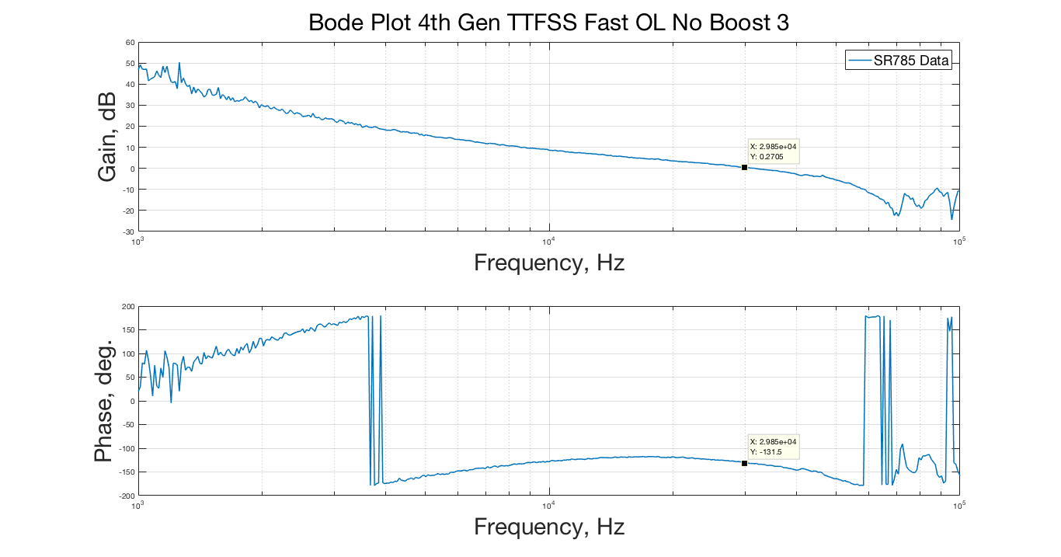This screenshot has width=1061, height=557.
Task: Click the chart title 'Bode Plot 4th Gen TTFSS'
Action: coord(548,23)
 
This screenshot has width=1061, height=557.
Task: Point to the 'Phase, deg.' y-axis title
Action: coord(104,401)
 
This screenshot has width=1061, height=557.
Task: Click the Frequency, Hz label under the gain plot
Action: coord(549,263)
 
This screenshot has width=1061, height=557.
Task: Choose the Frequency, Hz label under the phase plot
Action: coord(549,527)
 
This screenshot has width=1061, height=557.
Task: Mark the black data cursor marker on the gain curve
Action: coord(744,167)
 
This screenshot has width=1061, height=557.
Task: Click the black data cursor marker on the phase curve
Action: coord(744,463)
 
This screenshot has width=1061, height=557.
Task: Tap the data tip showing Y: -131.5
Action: coord(773,447)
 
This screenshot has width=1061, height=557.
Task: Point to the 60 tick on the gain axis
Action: coord(130,42)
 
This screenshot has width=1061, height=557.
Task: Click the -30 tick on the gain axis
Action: coord(128,232)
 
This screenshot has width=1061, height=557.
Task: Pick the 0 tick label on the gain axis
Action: coord(132,169)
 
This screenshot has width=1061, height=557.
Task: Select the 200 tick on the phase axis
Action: coord(127,307)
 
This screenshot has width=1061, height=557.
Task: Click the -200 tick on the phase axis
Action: coord(126,496)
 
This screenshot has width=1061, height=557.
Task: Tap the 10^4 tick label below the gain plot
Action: coord(548,238)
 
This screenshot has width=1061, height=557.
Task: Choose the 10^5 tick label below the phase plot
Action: coord(958,503)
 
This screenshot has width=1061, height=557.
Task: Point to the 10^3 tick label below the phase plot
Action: coord(138,503)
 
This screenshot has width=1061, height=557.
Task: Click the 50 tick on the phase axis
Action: coord(130,378)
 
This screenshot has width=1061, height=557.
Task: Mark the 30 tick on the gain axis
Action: coord(130,105)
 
